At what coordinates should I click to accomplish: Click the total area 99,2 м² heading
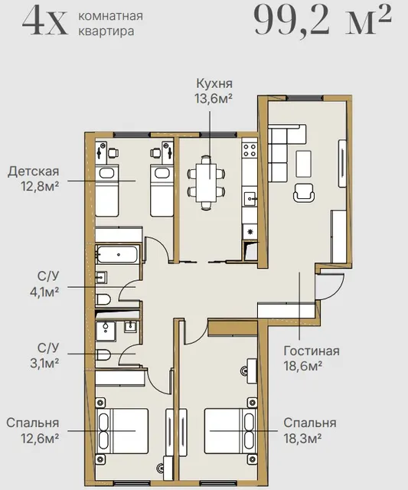click(x=322, y=21)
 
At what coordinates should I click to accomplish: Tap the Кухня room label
click(x=214, y=83)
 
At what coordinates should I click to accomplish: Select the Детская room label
click(x=34, y=171)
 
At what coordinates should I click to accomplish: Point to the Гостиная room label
click(x=312, y=351)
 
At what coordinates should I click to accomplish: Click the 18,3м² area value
click(x=302, y=438)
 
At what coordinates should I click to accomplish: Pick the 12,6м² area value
click(x=40, y=438)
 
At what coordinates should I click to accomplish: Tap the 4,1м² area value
click(x=44, y=292)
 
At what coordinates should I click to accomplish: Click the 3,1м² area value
click(x=44, y=363)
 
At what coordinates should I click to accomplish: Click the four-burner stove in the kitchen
click(x=250, y=150)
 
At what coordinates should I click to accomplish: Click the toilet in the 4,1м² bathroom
click(x=103, y=299)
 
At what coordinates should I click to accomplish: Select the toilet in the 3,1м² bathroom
click(x=103, y=354)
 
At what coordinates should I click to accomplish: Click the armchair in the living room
click(x=304, y=192)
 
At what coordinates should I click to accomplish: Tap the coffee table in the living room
click(x=304, y=164)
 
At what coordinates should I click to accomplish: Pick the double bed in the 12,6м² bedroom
click(x=122, y=430)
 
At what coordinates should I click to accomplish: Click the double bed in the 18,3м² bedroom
click(x=230, y=430)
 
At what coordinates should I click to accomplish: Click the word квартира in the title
click(x=106, y=31)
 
